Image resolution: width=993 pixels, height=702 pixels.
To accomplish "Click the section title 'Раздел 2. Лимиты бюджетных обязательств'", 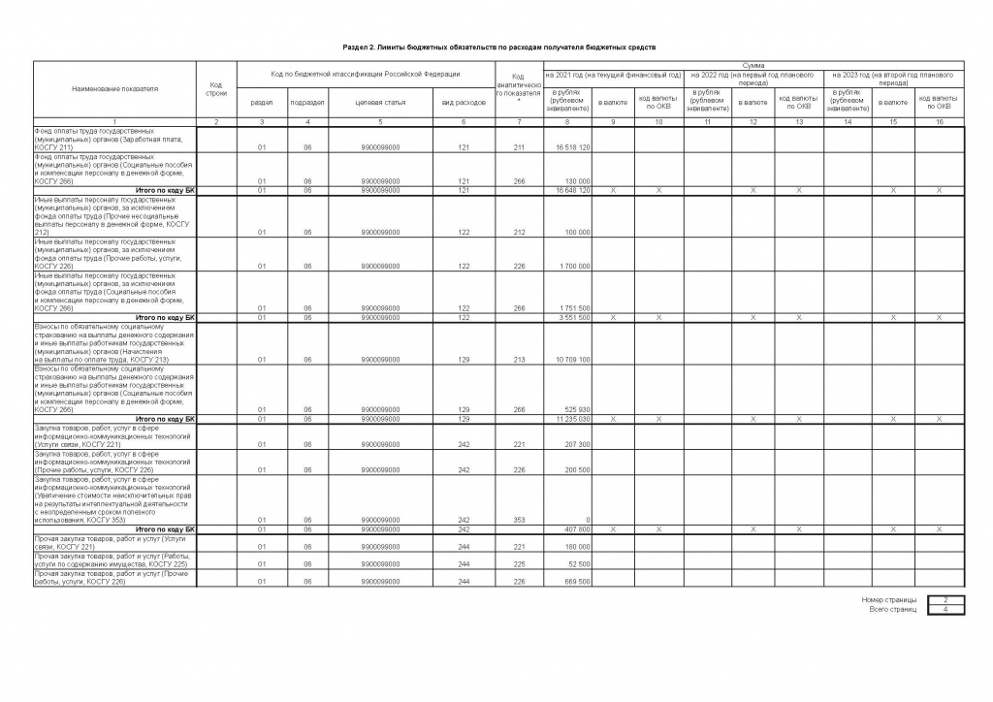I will (499, 47).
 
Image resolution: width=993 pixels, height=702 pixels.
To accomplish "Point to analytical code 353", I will (519, 521).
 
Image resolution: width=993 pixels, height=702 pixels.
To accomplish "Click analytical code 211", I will (519, 147).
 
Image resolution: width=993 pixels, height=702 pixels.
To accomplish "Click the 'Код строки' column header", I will (215, 88).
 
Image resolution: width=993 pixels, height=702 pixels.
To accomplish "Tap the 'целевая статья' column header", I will (380, 102).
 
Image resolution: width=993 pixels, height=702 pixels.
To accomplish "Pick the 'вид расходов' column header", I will (464, 102).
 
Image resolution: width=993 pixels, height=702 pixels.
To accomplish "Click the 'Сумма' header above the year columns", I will (753, 64).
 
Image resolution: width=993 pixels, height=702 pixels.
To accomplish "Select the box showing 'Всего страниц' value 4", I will (945, 609).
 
